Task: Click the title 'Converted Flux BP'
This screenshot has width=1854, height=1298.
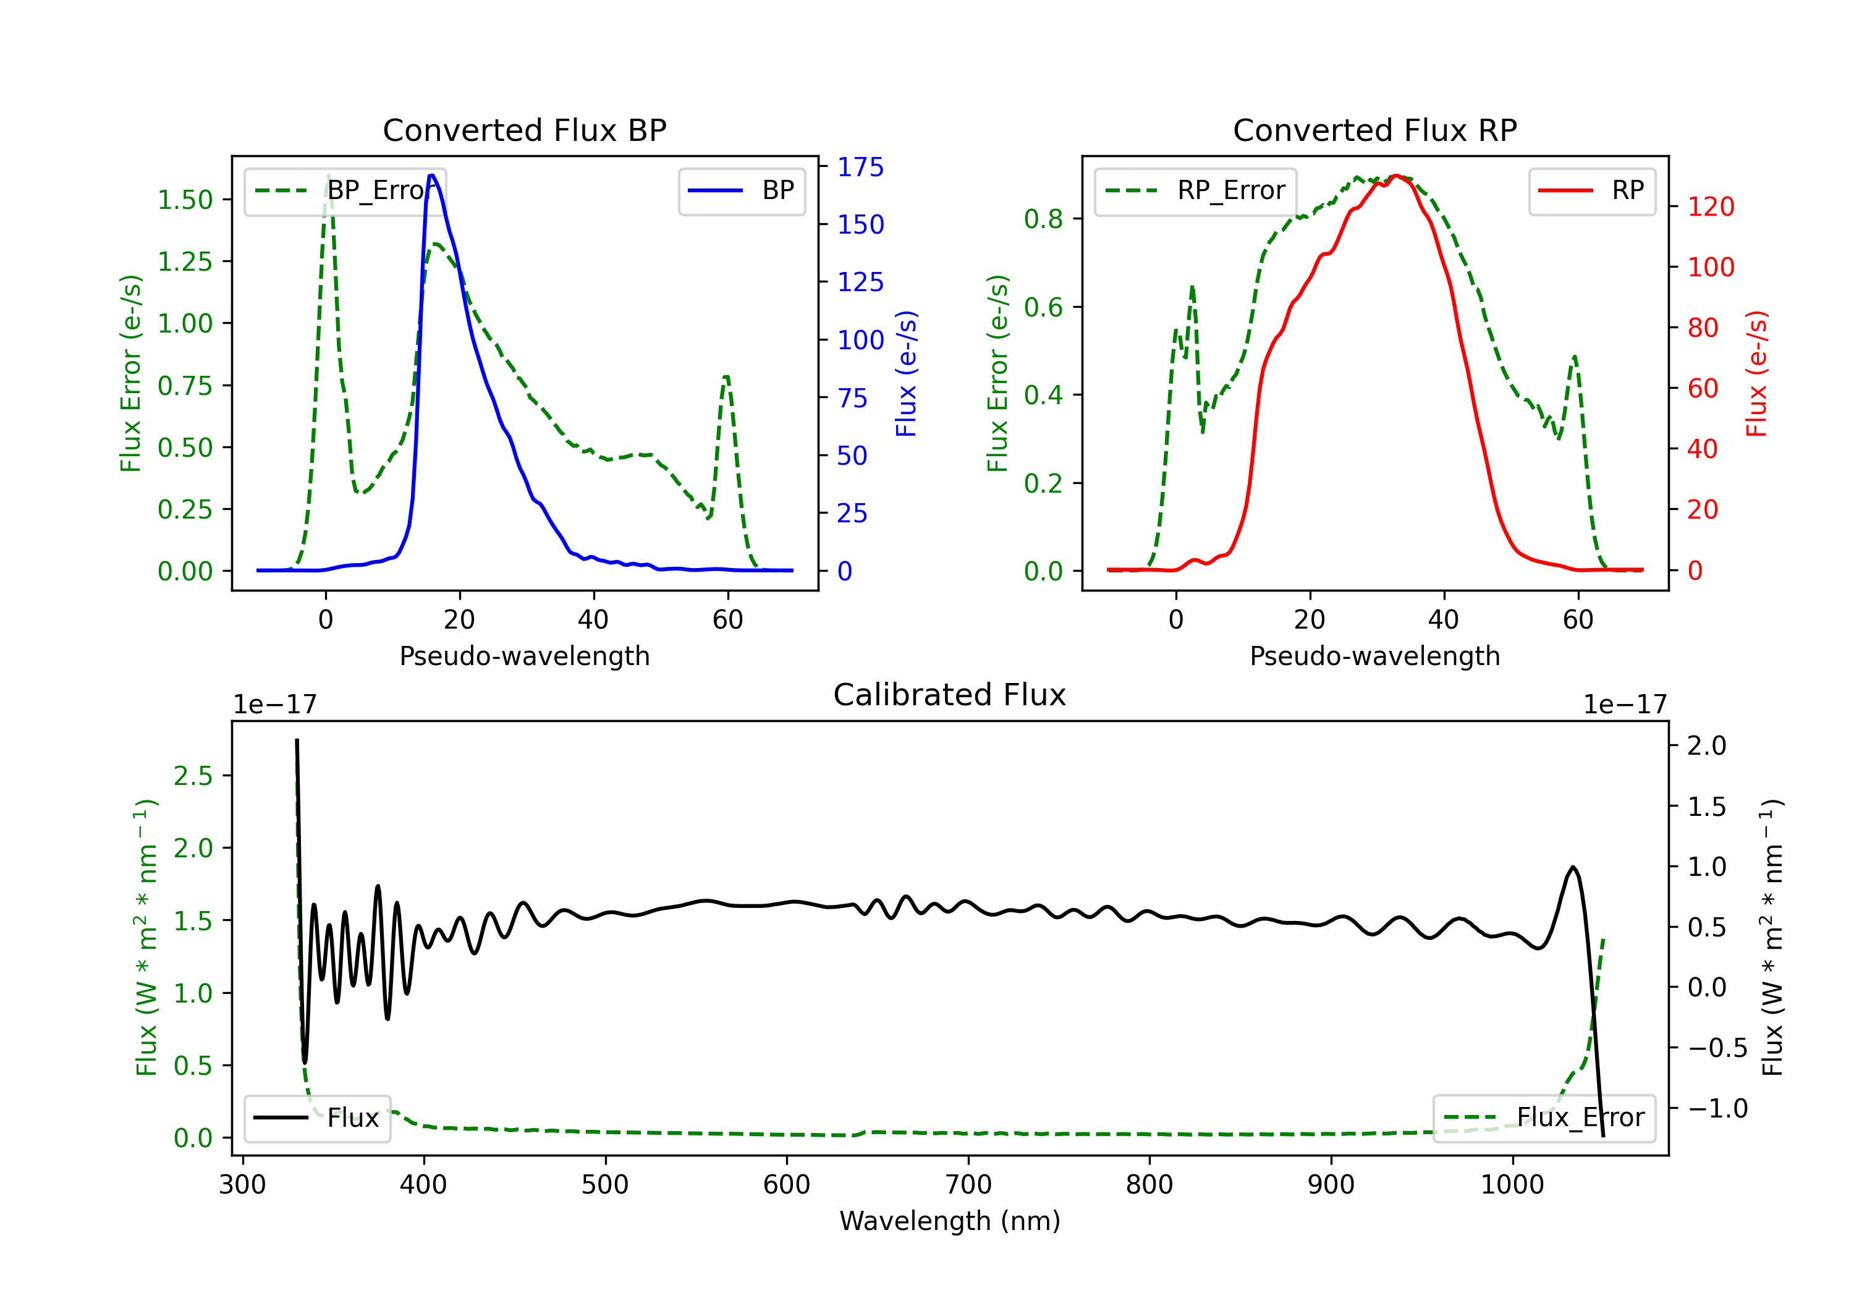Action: (x=524, y=130)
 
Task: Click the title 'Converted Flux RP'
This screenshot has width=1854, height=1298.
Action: (x=1374, y=130)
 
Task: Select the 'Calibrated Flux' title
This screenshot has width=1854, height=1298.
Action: (x=950, y=695)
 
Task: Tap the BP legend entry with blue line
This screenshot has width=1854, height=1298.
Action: (x=741, y=190)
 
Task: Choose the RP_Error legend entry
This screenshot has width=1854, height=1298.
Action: (x=1195, y=190)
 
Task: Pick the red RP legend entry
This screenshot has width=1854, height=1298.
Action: (x=1591, y=190)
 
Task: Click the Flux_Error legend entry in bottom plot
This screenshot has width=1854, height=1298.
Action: (x=1544, y=1118)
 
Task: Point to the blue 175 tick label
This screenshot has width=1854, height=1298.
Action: (x=860, y=168)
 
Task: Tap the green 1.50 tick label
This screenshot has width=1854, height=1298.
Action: (x=185, y=200)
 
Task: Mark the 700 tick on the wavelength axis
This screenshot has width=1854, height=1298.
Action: (x=968, y=1185)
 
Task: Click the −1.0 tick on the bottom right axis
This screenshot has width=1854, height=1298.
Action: (x=1717, y=1108)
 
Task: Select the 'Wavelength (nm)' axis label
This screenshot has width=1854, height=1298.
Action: (x=950, y=1221)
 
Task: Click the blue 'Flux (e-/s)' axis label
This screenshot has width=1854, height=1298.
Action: (x=906, y=374)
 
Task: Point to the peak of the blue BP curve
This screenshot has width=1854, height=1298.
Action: (x=432, y=176)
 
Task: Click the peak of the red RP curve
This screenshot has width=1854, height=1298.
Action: (x=1396, y=176)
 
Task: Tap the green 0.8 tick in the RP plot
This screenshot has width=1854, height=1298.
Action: (x=1043, y=219)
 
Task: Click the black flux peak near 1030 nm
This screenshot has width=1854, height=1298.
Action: (x=1572, y=867)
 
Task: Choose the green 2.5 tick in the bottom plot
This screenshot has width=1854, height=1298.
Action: (x=193, y=776)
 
